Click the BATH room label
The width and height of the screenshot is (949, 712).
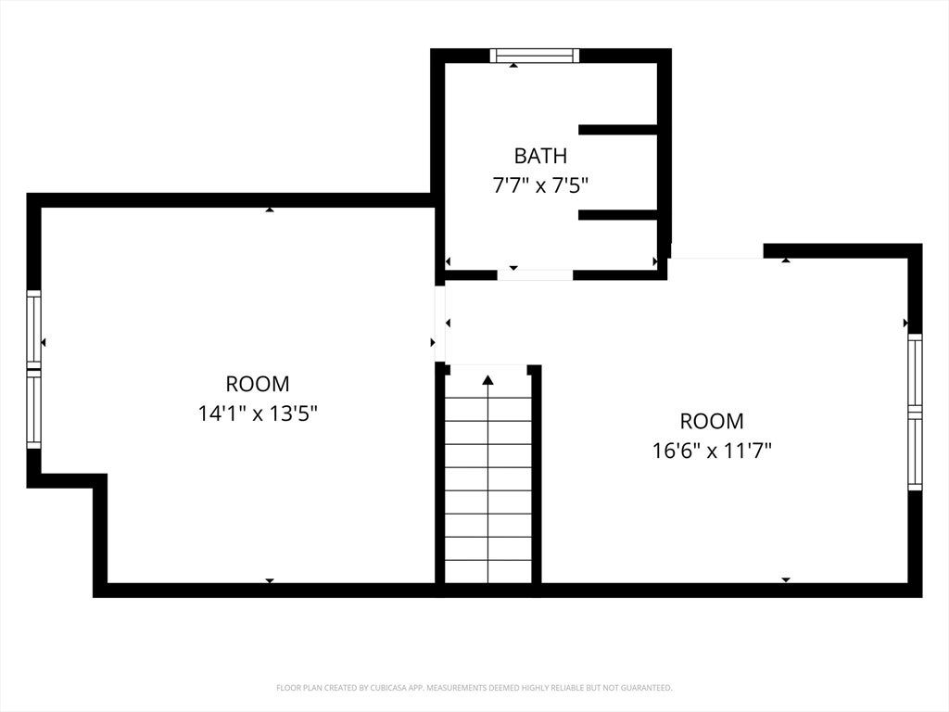click(540, 156)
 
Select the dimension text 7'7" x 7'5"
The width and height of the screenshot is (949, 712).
click(540, 184)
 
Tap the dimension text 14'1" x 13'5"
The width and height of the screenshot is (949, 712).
click(258, 413)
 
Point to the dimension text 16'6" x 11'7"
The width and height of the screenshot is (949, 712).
click(712, 451)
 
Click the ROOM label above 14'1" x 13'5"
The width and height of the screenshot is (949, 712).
click(258, 384)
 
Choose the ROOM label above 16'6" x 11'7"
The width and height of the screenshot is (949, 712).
click(712, 421)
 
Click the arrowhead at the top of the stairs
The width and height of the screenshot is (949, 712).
click(487, 379)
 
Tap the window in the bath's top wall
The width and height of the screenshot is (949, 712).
click(535, 56)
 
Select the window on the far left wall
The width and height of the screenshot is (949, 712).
click(34, 370)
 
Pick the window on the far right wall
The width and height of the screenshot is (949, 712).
click(915, 412)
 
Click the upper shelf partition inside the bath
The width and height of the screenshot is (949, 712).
click(618, 130)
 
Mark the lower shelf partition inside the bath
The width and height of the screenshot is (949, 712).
click(618, 214)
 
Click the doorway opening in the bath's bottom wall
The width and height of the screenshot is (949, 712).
click(535, 274)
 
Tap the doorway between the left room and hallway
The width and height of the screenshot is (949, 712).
click(440, 324)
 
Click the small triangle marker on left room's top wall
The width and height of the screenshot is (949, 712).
click(270, 210)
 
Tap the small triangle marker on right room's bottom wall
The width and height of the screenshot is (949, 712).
click(786, 580)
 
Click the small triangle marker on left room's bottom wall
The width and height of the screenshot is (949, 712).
click(270, 580)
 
